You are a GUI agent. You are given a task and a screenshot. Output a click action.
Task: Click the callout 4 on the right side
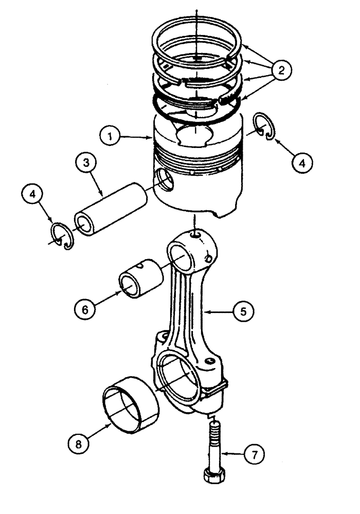coord(302,163)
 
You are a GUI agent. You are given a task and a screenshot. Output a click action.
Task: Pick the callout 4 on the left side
coord(33,195)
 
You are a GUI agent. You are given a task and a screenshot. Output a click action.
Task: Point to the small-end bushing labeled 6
coord(140,278)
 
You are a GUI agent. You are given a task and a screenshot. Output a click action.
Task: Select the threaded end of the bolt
coord(214,426)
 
